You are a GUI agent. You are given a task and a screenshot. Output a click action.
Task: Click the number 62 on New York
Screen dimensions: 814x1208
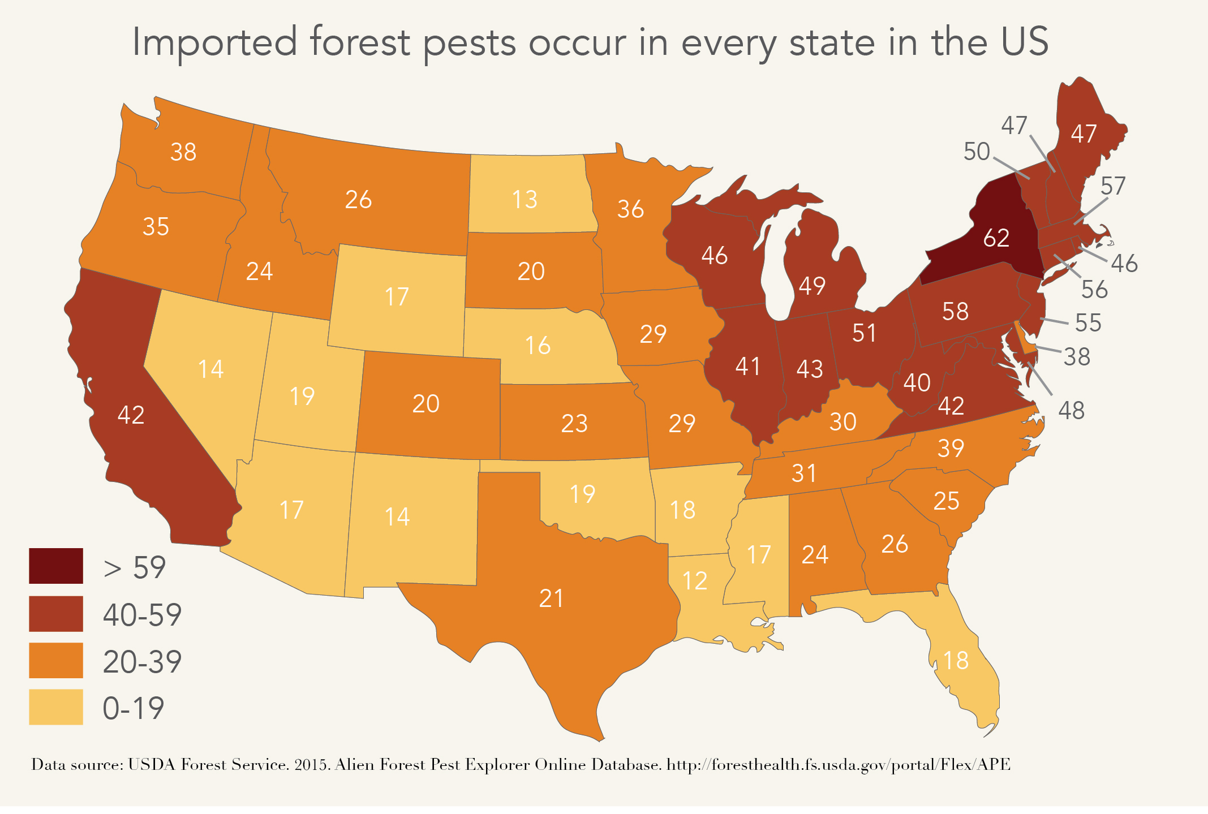pos(996,238)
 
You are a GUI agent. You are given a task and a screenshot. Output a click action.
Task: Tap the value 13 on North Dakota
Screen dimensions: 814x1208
pos(524,200)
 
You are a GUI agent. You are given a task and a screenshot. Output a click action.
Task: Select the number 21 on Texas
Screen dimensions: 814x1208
pos(551,598)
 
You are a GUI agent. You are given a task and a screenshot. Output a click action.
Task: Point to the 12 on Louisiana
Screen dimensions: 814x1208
pos(694,581)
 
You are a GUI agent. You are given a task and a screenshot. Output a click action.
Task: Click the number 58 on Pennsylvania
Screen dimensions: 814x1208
pos(955,312)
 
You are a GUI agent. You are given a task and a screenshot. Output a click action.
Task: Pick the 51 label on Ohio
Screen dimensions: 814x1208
pos(864,333)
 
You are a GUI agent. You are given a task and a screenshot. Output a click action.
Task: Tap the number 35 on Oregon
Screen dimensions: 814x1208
pos(156,227)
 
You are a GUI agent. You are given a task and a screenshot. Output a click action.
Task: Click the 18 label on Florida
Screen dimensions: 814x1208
pos(956,660)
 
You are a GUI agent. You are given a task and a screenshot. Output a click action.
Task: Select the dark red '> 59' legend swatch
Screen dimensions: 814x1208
pos(56,566)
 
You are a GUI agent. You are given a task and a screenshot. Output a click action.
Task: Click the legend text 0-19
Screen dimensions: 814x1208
pos(134,708)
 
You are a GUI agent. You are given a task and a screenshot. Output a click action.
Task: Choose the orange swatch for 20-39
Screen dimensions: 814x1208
pos(56,660)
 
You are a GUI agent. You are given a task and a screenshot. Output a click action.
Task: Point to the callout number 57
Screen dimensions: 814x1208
pos(1112,186)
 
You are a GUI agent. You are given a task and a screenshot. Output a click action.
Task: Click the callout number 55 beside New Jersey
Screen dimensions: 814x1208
pos(1087,323)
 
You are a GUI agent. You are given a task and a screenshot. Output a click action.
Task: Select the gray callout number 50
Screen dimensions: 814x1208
pos(977,152)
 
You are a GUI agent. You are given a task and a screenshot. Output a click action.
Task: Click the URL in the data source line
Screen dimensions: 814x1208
pos(839,765)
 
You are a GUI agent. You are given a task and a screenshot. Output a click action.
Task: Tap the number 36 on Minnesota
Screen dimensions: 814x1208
pos(630,209)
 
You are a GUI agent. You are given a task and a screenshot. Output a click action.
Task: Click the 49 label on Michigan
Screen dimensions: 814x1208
pos(811,286)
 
